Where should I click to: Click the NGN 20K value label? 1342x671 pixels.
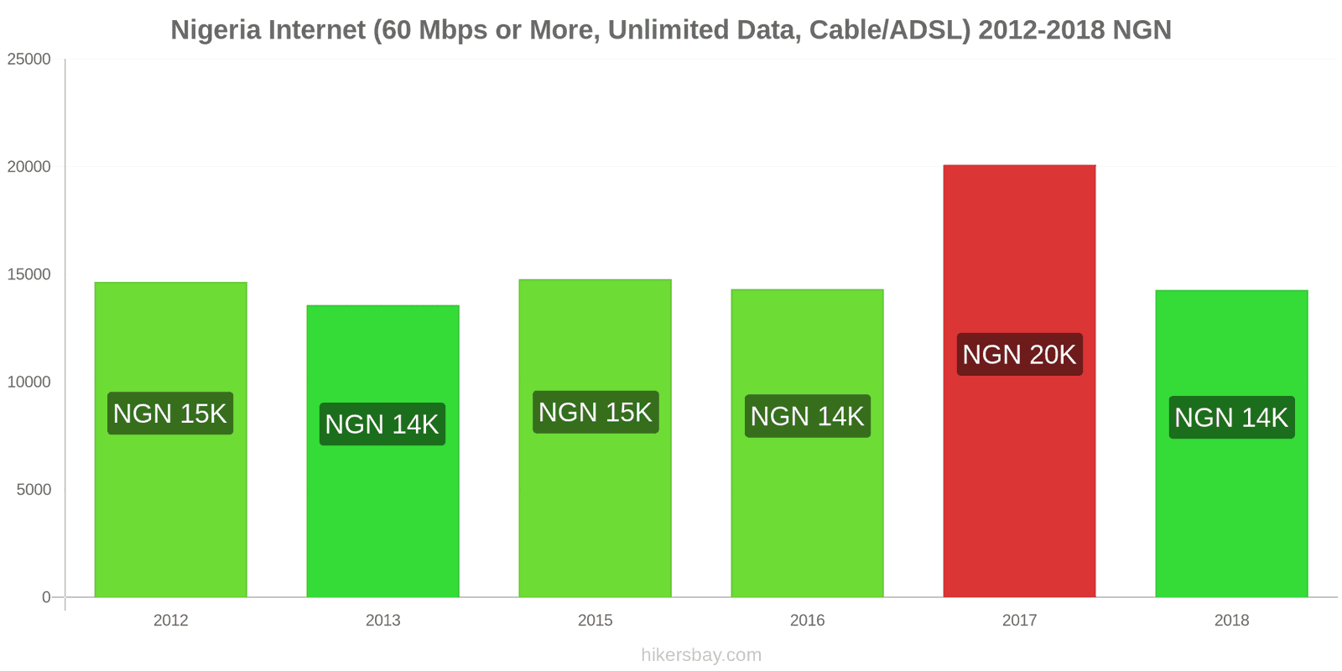click(x=1019, y=355)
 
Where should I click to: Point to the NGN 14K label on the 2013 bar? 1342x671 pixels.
click(x=382, y=424)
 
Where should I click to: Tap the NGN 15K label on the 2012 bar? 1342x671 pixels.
click(x=170, y=414)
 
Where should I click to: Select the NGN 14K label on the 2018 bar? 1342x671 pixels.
click(x=1231, y=418)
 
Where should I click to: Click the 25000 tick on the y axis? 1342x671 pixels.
click(x=29, y=60)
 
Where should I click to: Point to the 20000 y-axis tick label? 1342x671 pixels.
click(x=29, y=167)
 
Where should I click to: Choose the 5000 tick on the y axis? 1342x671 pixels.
click(x=34, y=490)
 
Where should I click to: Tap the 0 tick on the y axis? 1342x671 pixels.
click(x=46, y=597)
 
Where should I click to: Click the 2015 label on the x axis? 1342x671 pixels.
click(x=595, y=621)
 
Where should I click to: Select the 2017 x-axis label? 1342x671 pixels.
click(x=1019, y=621)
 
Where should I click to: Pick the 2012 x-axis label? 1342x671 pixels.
click(x=170, y=621)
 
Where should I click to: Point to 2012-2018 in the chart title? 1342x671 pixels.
click(x=1041, y=30)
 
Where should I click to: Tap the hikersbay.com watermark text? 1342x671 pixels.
click(x=701, y=655)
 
